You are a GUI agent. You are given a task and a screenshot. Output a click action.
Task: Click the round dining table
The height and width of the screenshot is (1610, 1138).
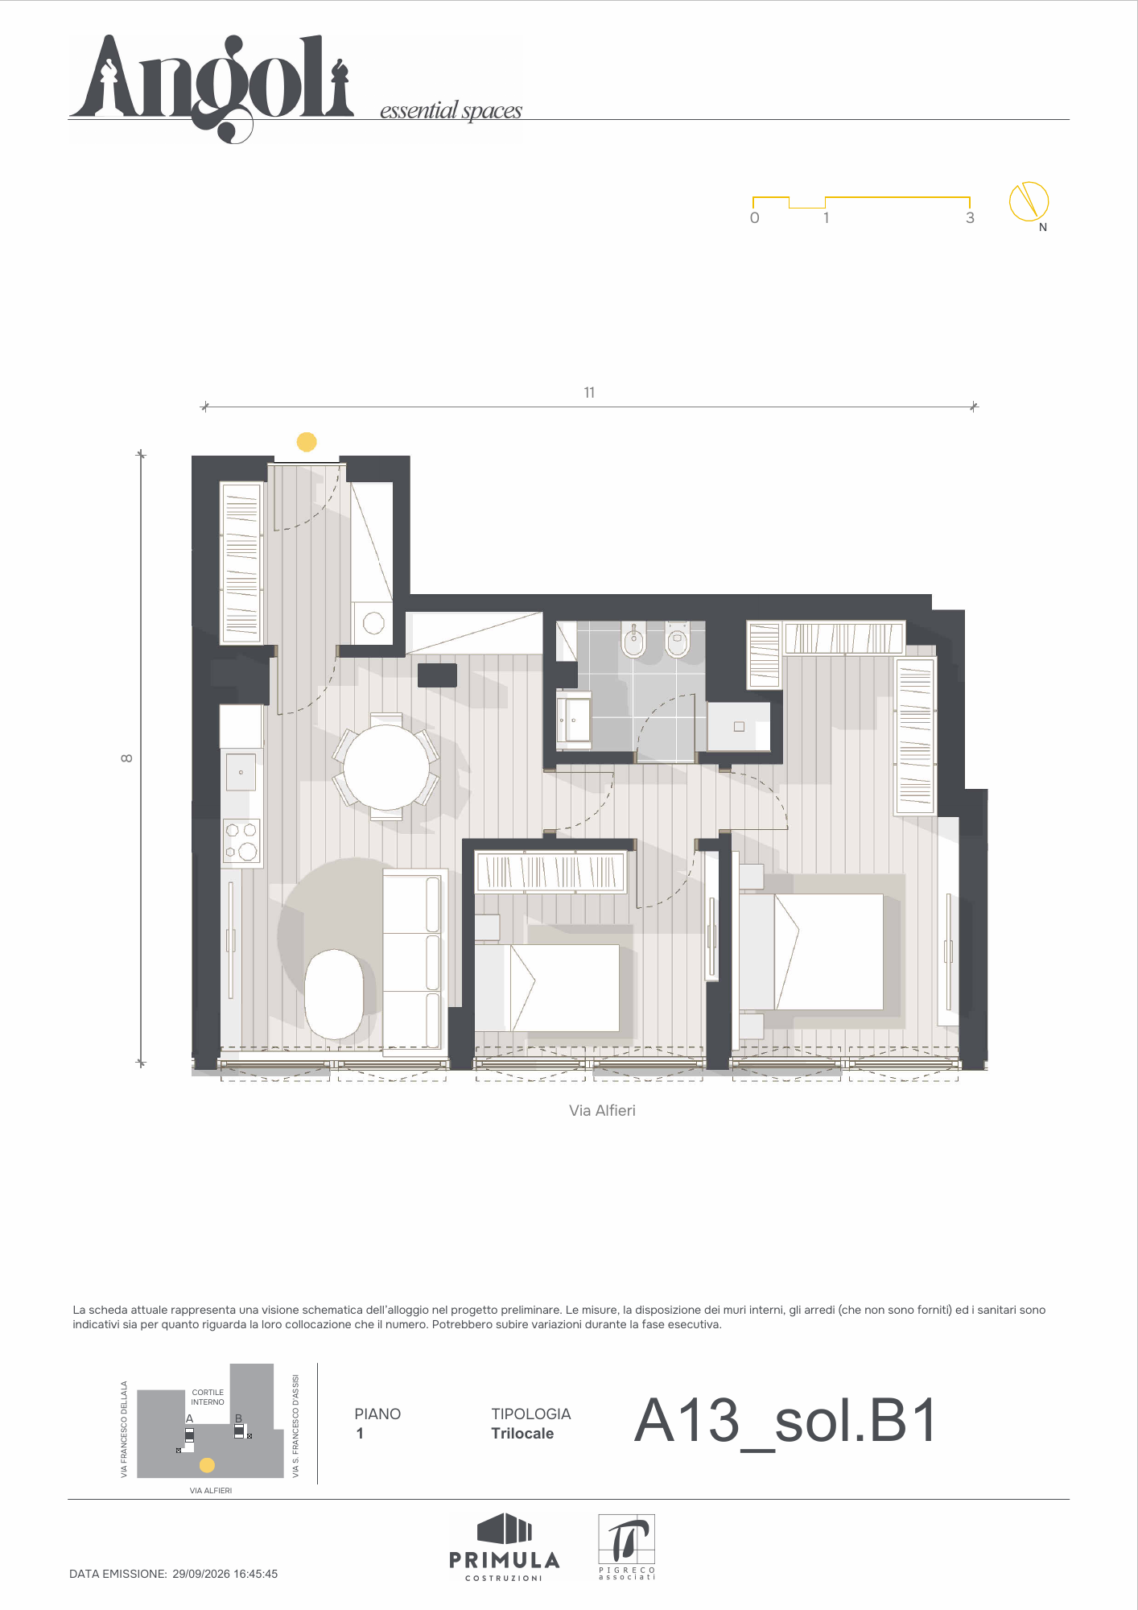click(x=386, y=767)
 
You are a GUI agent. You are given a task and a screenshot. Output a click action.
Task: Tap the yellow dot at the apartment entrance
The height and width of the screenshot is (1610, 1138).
click(x=307, y=442)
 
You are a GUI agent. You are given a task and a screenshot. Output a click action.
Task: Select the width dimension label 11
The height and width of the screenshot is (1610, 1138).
click(x=589, y=393)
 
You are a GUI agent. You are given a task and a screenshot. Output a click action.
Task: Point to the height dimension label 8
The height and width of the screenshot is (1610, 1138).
click(x=126, y=758)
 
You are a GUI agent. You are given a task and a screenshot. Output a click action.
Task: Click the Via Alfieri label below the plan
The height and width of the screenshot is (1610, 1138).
click(x=602, y=1110)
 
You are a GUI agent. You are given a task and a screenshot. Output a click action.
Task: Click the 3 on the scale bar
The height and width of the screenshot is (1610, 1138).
click(x=970, y=218)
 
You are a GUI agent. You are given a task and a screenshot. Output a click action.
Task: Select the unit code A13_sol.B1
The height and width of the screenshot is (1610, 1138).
click(x=785, y=1421)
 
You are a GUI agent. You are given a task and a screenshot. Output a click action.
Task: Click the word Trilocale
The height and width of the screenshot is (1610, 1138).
click(x=522, y=1434)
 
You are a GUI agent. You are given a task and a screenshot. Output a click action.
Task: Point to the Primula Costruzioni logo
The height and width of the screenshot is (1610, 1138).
click(x=505, y=1546)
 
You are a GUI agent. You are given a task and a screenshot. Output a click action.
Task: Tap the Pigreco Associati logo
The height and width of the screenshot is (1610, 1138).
click(x=627, y=1546)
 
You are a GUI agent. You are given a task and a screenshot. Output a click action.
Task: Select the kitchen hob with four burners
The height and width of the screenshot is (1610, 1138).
click(x=241, y=842)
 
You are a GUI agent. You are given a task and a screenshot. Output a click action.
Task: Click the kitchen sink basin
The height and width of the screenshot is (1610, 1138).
click(x=241, y=772)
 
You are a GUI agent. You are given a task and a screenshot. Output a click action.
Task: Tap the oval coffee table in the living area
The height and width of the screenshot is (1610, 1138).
click(x=334, y=994)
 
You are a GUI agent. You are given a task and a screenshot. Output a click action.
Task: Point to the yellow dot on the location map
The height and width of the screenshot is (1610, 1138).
click(x=207, y=1465)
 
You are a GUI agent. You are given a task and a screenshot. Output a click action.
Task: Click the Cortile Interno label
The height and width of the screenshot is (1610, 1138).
click(x=208, y=1397)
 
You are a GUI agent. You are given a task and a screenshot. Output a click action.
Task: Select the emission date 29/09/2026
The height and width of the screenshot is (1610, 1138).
click(x=201, y=1574)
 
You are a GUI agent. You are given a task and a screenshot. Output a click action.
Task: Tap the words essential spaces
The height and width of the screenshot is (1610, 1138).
click(x=451, y=110)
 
